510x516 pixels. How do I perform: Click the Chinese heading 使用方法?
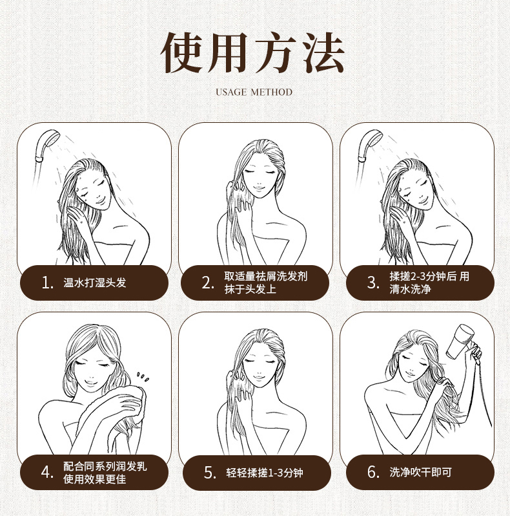[x=252, y=52]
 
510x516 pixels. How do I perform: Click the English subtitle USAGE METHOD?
[x=254, y=92]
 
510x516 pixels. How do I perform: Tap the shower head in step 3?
[x=370, y=145]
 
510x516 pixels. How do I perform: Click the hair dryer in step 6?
[x=460, y=342]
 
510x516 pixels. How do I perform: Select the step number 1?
[x=48, y=283]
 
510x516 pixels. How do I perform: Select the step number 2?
[x=208, y=283]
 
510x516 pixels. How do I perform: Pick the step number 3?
[x=373, y=283]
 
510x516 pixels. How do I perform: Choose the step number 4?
[x=47, y=473]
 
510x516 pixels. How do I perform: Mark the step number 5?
[x=210, y=473]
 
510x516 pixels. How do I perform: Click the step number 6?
[x=374, y=472]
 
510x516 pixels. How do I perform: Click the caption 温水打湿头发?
[x=95, y=283]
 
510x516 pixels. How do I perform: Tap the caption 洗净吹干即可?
[x=421, y=472]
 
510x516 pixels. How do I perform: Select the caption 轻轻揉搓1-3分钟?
[x=265, y=473]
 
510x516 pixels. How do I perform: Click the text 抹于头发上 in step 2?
[x=250, y=289]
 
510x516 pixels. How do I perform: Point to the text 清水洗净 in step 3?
[x=410, y=289]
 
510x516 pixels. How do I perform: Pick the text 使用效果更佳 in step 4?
[x=95, y=479]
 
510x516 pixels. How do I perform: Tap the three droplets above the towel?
[x=143, y=377]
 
